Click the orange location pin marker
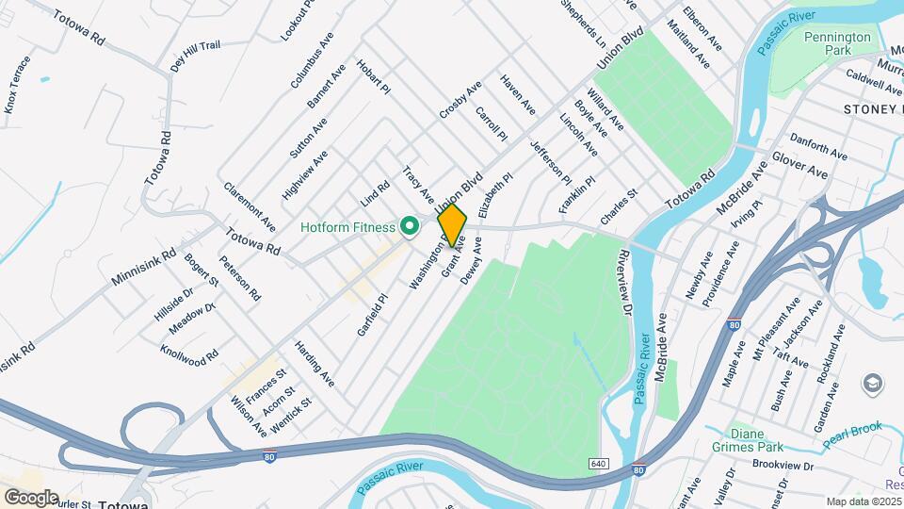point(452,225)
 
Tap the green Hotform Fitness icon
point(409,226)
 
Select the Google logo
point(30,497)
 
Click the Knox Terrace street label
point(18,85)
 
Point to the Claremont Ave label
point(250,205)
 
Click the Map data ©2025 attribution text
point(864,501)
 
